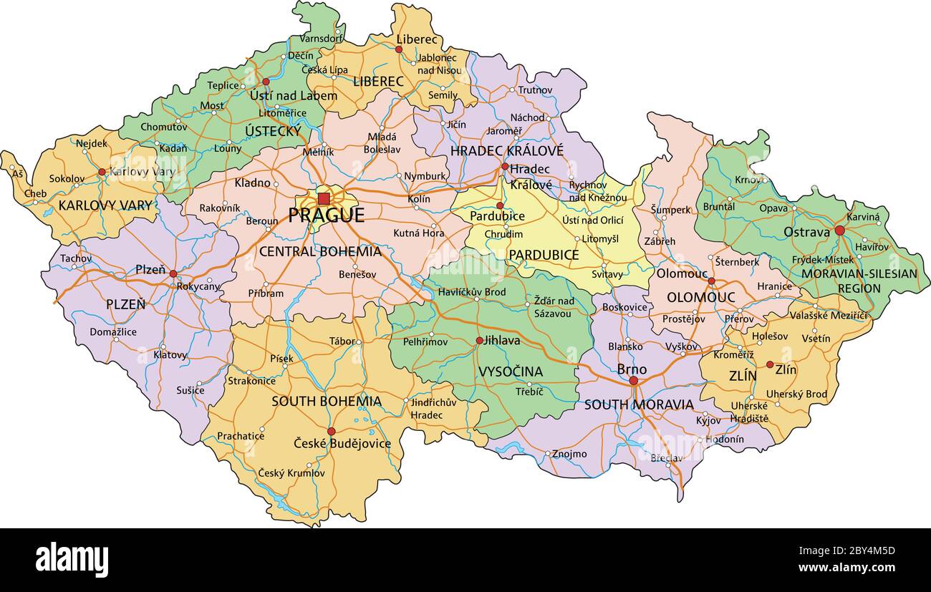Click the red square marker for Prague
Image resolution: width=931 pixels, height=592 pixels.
pos(324,198)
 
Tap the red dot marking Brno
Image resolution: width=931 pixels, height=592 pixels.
pos(634,381)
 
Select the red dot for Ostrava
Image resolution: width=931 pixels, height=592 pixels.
pos(839,231)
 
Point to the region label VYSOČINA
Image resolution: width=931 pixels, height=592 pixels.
pos(511,372)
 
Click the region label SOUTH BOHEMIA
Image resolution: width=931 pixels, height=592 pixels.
pos(326,401)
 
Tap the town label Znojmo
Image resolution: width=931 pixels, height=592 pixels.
pos(569,454)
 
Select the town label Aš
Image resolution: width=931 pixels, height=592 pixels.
pos(17,174)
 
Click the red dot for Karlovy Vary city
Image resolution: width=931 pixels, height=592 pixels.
pos(102,172)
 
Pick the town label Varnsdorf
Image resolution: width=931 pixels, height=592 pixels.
pos(322,38)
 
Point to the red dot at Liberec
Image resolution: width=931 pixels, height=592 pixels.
pos(399,49)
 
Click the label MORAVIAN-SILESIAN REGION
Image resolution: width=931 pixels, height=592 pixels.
pos(859,281)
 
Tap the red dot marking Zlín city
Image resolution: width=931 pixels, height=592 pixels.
pos(770,364)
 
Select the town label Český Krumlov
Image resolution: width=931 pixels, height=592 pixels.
pos(291,473)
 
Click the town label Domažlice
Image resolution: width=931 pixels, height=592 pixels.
pos(113,331)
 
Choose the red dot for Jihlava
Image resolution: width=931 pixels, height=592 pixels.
pos(479,341)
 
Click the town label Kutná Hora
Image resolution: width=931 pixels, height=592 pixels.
pos(419,233)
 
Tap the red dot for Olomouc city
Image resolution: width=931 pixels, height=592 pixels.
pos(711,281)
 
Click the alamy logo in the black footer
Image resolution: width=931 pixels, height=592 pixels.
pos(72,559)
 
